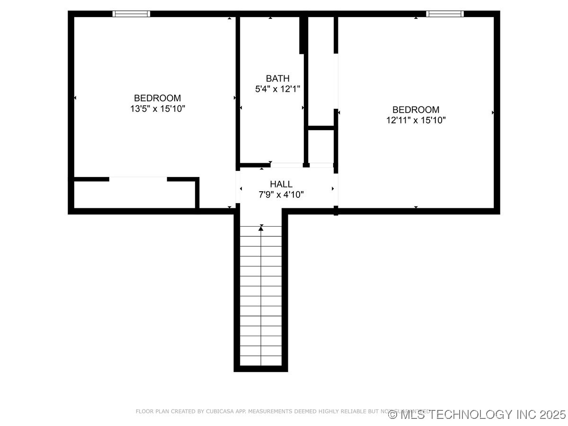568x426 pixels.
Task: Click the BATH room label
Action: pyautogui.click(x=277, y=79)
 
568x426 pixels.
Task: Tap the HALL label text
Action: pyautogui.click(x=281, y=184)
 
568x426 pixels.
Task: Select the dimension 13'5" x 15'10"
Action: pyautogui.click(x=158, y=109)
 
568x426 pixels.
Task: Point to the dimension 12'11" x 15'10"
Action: pyautogui.click(x=416, y=120)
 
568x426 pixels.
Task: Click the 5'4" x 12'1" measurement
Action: pyautogui.click(x=277, y=89)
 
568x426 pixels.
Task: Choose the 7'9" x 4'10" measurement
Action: pyautogui.click(x=281, y=194)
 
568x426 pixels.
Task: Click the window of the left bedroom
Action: pyautogui.click(x=131, y=14)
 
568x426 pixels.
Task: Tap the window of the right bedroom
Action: pyautogui.click(x=444, y=14)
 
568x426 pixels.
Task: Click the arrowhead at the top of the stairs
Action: pyautogui.click(x=261, y=228)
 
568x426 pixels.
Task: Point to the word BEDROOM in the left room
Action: pyautogui.click(x=158, y=98)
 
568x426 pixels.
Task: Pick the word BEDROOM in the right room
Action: pyautogui.click(x=416, y=110)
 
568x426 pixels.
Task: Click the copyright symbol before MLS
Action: pyautogui.click(x=392, y=415)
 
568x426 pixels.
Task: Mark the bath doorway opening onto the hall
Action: pyautogui.click(x=286, y=165)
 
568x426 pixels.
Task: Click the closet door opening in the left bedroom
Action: pyautogui.click(x=138, y=179)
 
